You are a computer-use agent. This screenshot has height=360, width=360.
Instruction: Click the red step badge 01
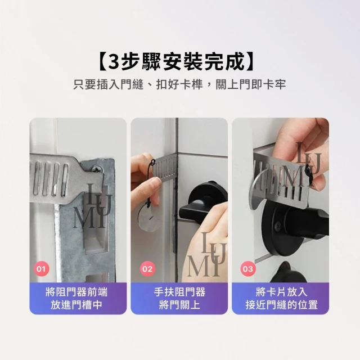click(x=42, y=269)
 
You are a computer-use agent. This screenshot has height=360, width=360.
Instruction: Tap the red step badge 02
click(x=147, y=269)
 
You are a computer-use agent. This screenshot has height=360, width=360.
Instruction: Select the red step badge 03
click(x=248, y=269)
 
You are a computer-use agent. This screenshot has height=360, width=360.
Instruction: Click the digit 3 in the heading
click(x=114, y=62)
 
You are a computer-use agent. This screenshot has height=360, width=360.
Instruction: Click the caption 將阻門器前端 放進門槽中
click(x=76, y=299)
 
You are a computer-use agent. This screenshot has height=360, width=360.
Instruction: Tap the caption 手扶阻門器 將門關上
click(x=179, y=299)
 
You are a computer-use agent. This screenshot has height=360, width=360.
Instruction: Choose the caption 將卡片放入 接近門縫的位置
click(x=281, y=299)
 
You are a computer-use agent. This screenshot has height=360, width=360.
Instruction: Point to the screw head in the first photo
click(x=96, y=170)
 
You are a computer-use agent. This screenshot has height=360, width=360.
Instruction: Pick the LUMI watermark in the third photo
click(x=301, y=165)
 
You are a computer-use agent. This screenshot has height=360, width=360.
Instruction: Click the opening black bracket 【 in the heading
click(x=101, y=62)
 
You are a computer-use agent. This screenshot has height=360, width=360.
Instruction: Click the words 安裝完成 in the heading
click(x=204, y=62)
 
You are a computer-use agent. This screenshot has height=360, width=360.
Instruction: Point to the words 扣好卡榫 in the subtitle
click(x=179, y=84)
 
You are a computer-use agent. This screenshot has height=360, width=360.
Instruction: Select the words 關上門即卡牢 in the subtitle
click(x=251, y=84)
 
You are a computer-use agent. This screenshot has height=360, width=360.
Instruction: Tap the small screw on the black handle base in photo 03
click(x=278, y=224)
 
